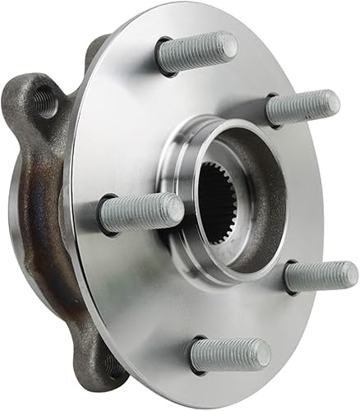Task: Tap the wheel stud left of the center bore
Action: pyautogui.click(x=141, y=213)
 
